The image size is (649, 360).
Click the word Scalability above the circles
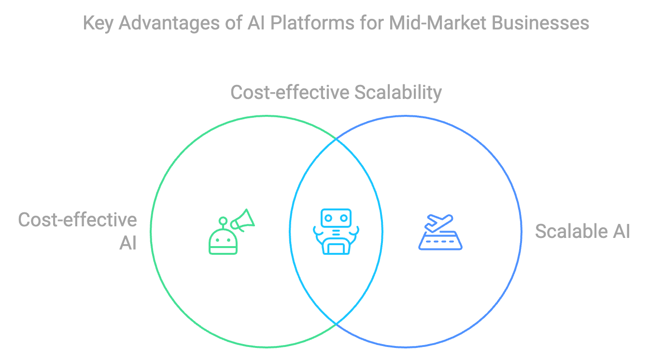click(398, 92)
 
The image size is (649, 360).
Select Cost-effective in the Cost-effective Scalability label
click(290, 92)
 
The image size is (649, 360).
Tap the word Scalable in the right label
click(569, 232)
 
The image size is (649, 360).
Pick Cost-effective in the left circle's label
click(77, 220)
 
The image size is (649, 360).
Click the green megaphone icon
click(242, 220)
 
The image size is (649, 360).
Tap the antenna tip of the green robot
click(223, 221)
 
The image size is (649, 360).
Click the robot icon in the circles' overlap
click(336, 231)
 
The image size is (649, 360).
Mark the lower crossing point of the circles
click(336, 322)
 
